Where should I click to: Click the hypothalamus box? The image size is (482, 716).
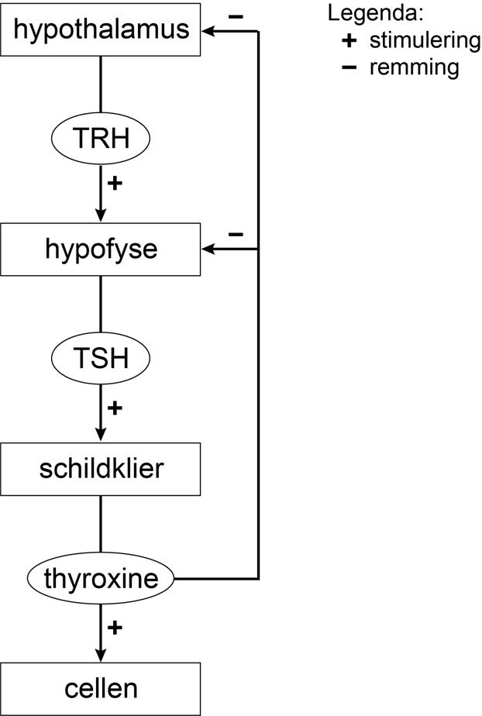(101, 29)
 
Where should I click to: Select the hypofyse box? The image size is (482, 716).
(101, 250)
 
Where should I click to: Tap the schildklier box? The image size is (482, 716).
(101, 469)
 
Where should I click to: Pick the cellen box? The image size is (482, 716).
(101, 688)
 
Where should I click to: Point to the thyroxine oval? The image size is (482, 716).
(101, 579)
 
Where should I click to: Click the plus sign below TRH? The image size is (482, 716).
(115, 184)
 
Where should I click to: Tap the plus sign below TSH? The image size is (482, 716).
(115, 407)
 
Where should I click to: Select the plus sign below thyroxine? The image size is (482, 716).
(115, 627)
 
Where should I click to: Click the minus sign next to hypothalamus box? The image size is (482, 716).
(236, 15)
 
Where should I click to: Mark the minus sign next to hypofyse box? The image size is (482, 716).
(236, 233)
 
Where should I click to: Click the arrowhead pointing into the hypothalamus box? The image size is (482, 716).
(208, 30)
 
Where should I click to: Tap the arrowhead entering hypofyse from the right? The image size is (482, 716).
(208, 250)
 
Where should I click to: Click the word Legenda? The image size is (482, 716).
(367, 13)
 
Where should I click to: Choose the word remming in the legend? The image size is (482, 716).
(414, 67)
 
